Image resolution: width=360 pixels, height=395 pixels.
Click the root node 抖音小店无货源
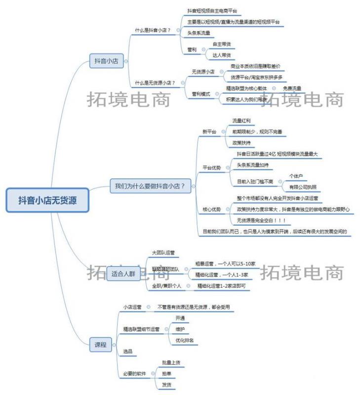47,200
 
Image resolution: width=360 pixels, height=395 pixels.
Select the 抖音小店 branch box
106,61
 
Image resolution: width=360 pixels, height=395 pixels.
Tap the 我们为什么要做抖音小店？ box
150,186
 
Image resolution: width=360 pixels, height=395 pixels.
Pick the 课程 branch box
100,345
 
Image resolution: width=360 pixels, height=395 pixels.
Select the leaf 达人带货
221,55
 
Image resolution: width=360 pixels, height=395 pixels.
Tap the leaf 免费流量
292,88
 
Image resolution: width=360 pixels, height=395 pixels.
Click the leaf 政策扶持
242,143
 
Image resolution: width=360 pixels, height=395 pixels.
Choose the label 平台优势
212,167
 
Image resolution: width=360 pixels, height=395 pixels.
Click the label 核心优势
212,209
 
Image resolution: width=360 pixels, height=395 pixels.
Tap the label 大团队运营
163,252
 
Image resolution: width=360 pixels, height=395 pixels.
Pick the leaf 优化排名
184,340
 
